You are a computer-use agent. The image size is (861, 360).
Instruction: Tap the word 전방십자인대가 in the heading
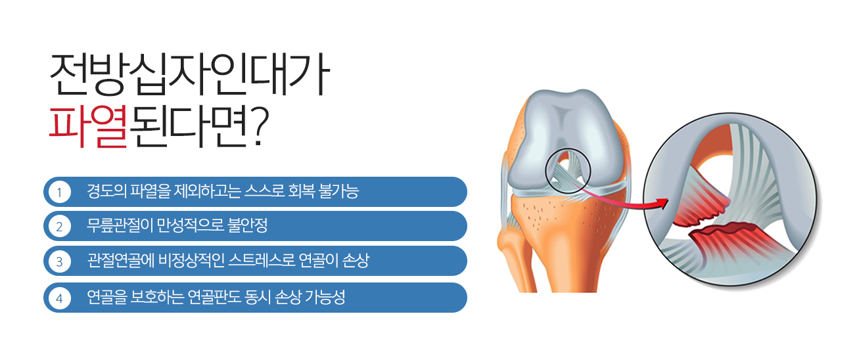click(189, 74)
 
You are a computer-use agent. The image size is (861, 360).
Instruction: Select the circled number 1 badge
click(60, 192)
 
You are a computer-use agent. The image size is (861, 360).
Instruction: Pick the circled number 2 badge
click(60, 226)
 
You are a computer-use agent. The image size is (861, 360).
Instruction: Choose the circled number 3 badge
click(60, 261)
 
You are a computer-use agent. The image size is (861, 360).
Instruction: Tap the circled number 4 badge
click(60, 298)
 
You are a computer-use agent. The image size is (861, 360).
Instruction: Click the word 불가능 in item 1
click(338, 191)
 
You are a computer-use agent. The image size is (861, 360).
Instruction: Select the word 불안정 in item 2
click(248, 225)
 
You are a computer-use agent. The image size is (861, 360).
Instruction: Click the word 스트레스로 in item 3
click(262, 261)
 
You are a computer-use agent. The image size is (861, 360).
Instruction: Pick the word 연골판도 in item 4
click(214, 297)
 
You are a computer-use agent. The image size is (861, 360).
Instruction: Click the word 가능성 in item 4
click(325, 297)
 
